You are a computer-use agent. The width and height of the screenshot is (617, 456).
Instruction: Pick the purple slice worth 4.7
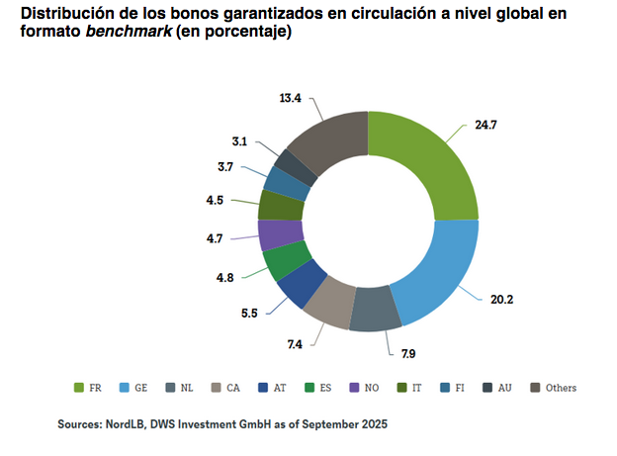[x=276, y=234]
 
